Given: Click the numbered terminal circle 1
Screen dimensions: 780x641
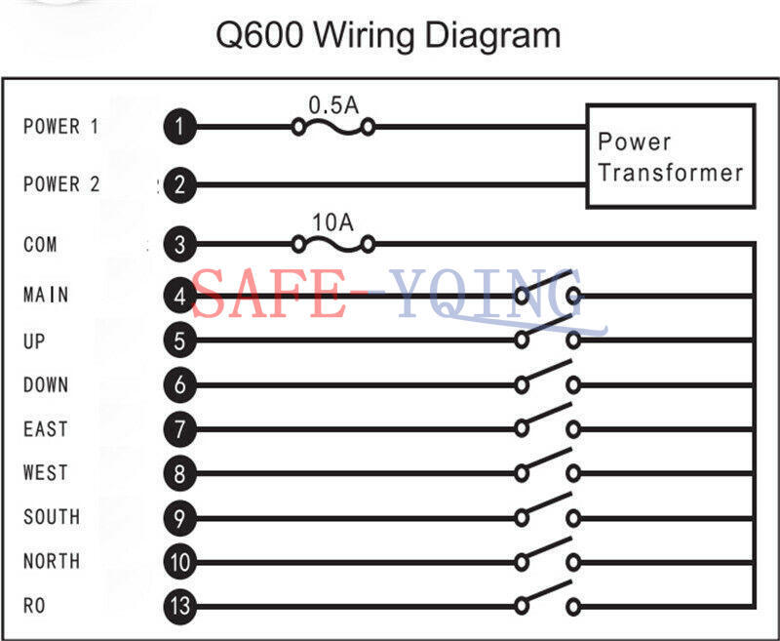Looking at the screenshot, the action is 179,127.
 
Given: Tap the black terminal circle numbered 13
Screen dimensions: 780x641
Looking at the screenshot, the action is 179,606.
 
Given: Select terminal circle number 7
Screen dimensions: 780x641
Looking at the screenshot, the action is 179,429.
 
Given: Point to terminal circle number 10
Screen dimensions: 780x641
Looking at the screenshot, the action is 179,562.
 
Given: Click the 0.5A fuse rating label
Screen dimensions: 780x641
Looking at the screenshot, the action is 333,105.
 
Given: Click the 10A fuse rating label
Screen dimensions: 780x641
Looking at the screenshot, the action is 332,222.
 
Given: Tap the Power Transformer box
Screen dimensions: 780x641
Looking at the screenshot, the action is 671,156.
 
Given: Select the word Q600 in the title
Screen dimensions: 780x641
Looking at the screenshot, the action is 259,35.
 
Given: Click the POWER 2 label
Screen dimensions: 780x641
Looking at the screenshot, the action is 61,184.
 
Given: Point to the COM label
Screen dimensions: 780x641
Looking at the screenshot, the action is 40,244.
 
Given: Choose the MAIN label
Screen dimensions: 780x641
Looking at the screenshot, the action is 46,295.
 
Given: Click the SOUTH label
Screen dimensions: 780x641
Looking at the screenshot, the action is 52,516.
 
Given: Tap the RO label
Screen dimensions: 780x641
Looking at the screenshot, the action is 34,606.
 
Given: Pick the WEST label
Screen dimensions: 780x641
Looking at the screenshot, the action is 46,472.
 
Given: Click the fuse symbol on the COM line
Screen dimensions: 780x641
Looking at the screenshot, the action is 332,244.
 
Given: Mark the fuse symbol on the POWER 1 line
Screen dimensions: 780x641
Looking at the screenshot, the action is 332,128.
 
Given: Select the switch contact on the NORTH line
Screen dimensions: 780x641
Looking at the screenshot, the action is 547,554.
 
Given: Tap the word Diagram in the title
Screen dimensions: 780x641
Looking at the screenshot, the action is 492,36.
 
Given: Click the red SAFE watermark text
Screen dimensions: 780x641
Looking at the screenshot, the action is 269,294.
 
